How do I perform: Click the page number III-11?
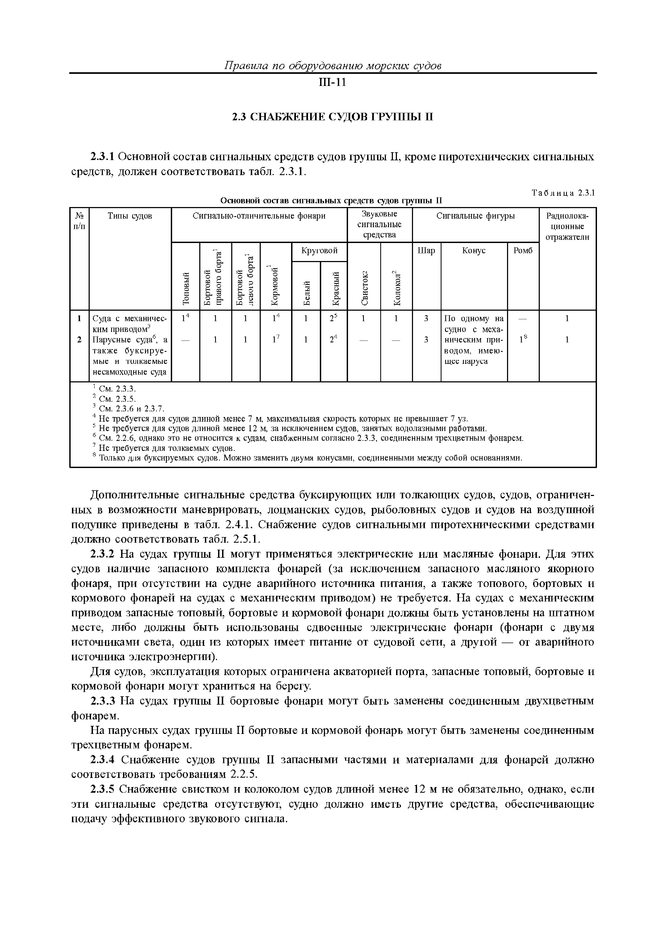tap(332, 83)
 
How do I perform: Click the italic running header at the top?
tap(332, 66)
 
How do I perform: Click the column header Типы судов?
tap(130, 216)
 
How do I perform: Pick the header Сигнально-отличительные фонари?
tap(259, 216)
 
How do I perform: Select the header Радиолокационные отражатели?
tap(567, 226)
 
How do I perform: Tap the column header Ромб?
tap(523, 250)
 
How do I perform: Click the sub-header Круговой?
tap(319, 250)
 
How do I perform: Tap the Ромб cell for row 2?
tap(523, 339)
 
